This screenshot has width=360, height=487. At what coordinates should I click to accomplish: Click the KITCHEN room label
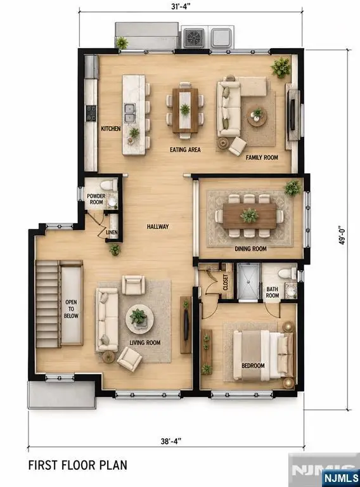[111, 128]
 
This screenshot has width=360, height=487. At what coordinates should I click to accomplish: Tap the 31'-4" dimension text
[181, 6]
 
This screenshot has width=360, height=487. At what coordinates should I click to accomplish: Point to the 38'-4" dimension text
[171, 441]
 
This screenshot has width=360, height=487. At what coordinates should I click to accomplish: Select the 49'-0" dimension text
[342, 235]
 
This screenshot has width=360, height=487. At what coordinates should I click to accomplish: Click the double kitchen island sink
[130, 113]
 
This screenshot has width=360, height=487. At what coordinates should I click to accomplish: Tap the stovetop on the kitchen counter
[91, 113]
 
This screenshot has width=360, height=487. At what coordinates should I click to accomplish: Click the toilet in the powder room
[107, 185]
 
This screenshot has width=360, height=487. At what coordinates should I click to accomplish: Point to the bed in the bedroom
[263, 355]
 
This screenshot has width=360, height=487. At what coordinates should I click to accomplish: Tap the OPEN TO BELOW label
[71, 309]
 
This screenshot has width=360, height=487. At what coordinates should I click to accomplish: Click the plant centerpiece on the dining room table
[250, 216]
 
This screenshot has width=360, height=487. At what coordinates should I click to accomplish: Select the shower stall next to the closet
[248, 282]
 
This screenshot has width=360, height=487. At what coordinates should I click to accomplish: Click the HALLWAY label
[158, 227]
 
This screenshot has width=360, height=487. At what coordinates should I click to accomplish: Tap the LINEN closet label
[112, 232]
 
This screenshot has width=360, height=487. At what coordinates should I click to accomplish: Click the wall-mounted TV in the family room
[292, 115]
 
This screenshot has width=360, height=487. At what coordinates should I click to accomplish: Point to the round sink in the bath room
[291, 290]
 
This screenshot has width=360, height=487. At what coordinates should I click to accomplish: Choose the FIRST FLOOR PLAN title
[77, 465]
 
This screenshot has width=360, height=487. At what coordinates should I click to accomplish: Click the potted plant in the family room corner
[281, 67]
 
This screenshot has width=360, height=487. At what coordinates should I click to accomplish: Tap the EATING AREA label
[185, 150]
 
